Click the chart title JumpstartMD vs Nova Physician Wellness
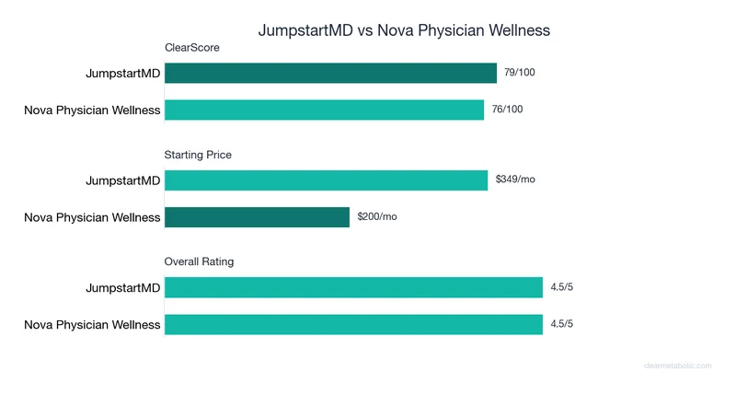(x=404, y=30)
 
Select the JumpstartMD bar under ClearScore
(x=330, y=74)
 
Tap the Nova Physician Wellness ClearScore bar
(x=324, y=110)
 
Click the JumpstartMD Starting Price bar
(x=326, y=180)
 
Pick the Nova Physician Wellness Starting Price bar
(x=257, y=217)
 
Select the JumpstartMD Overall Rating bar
(x=353, y=288)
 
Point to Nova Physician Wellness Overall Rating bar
(x=353, y=324)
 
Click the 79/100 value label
(x=520, y=73)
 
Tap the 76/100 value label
(x=507, y=110)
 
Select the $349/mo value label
(x=514, y=180)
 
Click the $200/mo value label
(x=376, y=216)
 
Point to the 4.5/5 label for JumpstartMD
(x=562, y=287)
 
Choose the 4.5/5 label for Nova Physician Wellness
(x=562, y=323)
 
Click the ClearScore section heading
(x=191, y=48)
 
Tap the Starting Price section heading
(x=198, y=155)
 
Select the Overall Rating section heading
(x=199, y=261)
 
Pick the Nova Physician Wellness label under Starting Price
(x=92, y=218)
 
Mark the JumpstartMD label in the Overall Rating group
(x=122, y=288)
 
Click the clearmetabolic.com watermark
(x=677, y=365)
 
